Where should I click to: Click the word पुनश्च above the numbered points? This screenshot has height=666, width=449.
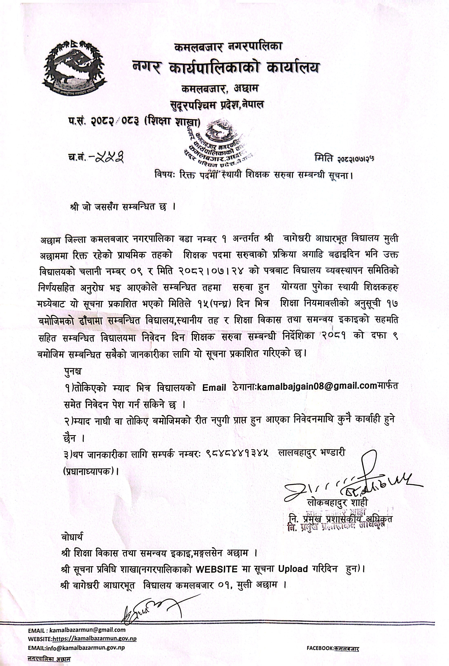pos(73,372)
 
